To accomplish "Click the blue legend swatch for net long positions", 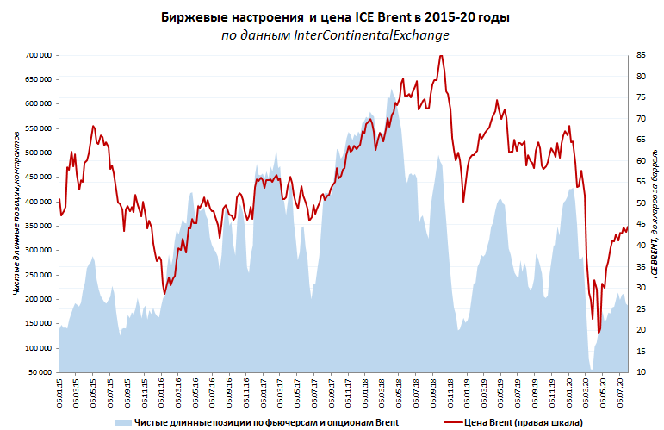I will pos(122,422).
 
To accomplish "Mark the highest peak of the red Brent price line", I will pos(441,56).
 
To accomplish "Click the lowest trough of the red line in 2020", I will pos(599,333).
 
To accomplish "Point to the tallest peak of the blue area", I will pos(391,89).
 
